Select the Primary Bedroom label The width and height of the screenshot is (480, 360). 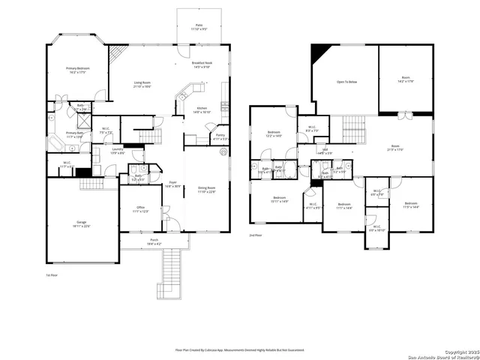[x=78, y=70]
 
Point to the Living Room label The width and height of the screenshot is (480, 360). [x=142, y=85]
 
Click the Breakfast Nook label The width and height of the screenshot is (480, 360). [x=202, y=65]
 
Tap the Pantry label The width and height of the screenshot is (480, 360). [x=220, y=137]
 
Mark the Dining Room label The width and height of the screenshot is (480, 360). [x=206, y=190]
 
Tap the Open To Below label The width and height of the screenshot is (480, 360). [x=345, y=81]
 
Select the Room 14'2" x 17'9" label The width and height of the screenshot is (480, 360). [x=406, y=79]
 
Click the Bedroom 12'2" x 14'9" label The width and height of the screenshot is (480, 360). [x=273, y=134]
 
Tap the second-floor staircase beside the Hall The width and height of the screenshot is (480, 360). [x=353, y=130]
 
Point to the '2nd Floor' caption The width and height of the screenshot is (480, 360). [x=256, y=235]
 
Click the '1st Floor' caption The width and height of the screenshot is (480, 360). [x=52, y=275]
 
